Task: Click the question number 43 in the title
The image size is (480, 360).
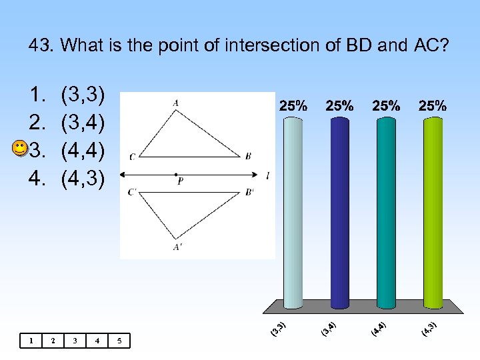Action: (41, 46)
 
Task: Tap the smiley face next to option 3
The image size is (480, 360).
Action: (21, 149)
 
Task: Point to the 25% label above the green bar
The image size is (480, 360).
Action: (433, 105)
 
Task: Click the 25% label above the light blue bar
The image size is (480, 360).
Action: (293, 105)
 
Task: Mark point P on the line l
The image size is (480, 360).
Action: (176, 175)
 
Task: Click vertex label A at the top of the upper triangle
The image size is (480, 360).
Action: (175, 102)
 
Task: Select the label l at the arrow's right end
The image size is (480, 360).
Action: (267, 175)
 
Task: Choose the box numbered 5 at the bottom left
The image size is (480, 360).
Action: (119, 341)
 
